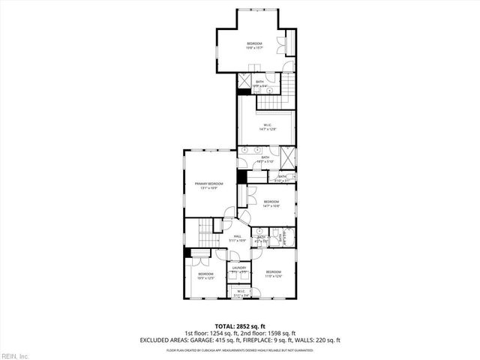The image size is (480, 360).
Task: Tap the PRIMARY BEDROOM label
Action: click(209, 184)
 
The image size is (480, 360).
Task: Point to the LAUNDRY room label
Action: click(239, 268)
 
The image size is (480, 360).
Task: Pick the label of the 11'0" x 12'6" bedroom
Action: click(272, 273)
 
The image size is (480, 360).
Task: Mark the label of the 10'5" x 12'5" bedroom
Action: click(206, 275)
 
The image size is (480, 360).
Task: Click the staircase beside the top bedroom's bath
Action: click(288, 82)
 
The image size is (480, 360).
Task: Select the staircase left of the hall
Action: click(205, 232)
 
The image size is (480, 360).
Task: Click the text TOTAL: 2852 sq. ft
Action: click(239, 325)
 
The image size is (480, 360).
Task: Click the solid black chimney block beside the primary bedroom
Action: click(241, 177)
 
